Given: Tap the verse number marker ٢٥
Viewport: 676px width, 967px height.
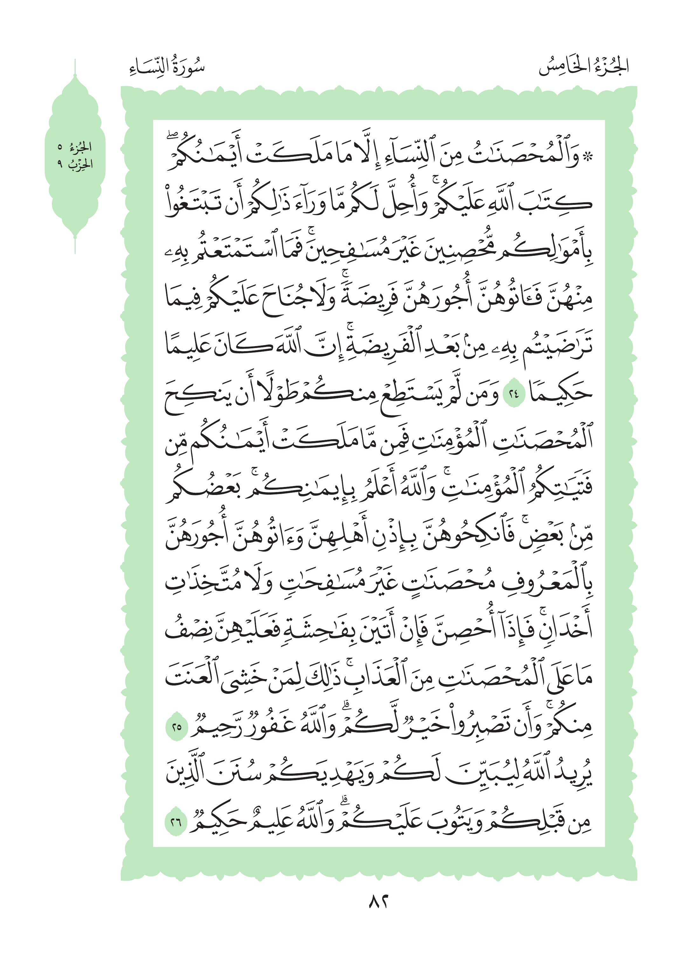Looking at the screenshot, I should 176,726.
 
